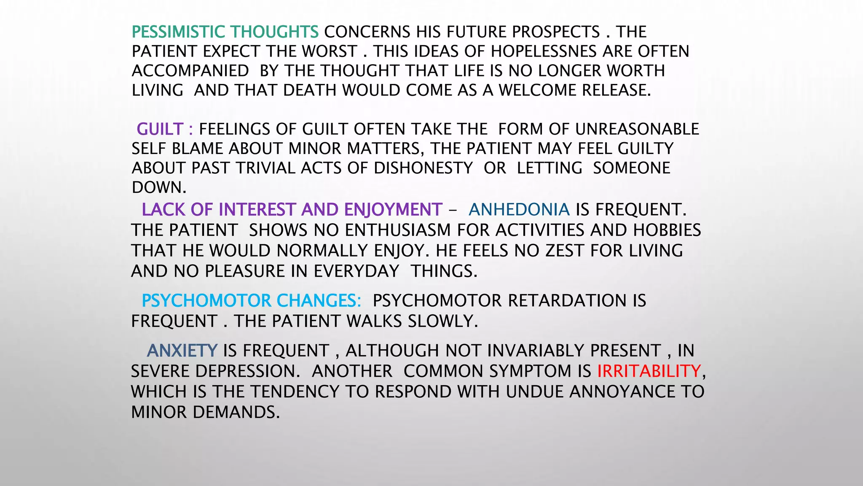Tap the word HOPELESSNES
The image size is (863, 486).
pyautogui.click(x=544, y=51)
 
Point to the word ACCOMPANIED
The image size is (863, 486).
pyautogui.click(x=190, y=71)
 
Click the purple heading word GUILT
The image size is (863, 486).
pyautogui.click(x=160, y=129)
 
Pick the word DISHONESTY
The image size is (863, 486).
pyautogui.click(x=423, y=168)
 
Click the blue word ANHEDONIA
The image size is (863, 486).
pyautogui.click(x=519, y=210)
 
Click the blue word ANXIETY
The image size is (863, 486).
pyautogui.click(x=182, y=351)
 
